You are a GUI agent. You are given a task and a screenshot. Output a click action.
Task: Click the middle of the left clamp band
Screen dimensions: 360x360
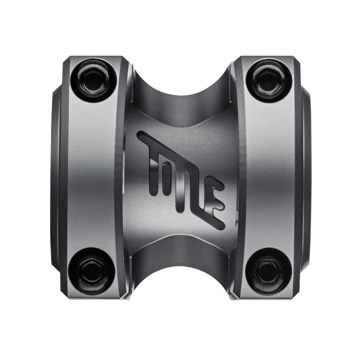pyautogui.click(x=93, y=176)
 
